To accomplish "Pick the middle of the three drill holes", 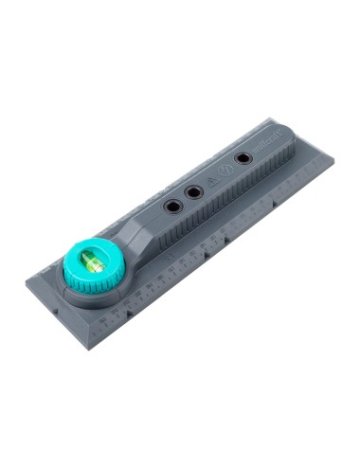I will (193, 193).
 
